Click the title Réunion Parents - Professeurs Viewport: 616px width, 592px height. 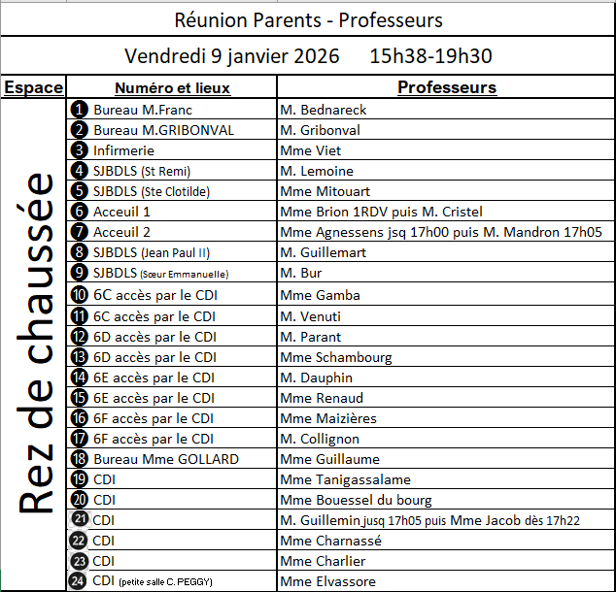tap(308, 20)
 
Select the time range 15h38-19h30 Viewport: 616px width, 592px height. tap(430, 56)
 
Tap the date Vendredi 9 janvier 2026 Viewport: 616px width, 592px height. tap(232, 56)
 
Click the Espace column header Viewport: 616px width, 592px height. tap(34, 87)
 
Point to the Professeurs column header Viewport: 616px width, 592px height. tap(447, 87)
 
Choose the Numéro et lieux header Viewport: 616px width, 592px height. tap(172, 87)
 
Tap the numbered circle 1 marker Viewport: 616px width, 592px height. tap(80, 110)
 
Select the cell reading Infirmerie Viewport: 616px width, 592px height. tap(123, 150)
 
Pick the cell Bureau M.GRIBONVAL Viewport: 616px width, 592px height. tap(163, 130)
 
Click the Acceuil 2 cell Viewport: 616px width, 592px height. tap(121, 232)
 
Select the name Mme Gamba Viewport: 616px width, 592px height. tap(320, 295)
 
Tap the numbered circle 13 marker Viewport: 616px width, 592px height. tap(80, 357)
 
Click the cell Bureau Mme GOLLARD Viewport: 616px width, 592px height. tap(165, 459)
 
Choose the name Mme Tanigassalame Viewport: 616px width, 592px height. tap(345, 479)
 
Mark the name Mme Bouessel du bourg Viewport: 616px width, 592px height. tap(356, 500)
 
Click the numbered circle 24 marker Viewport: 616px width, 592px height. tap(80, 581)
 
